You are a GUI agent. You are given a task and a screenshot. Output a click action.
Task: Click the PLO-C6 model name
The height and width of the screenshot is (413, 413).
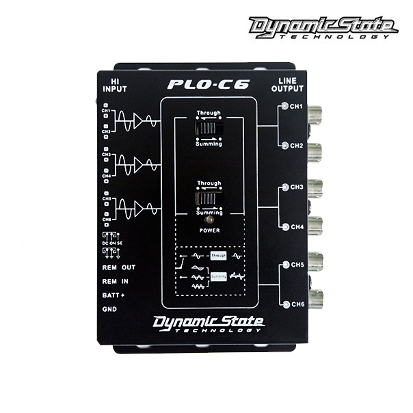tap(209, 85)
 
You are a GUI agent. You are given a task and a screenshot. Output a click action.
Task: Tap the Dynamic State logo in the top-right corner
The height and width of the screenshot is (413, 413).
tap(323, 27)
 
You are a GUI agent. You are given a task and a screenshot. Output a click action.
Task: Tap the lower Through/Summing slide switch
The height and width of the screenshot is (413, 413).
tap(209, 198)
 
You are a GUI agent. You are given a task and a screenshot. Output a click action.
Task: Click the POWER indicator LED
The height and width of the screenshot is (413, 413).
tap(209, 219)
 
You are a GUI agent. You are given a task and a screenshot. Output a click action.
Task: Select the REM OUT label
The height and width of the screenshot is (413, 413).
tap(118, 267)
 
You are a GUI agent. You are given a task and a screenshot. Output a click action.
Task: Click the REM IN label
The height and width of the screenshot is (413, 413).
tap(116, 281)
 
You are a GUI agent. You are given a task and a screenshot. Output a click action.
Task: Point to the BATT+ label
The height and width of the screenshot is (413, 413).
tap(114, 295)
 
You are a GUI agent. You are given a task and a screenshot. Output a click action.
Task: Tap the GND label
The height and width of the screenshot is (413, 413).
tap(109, 308)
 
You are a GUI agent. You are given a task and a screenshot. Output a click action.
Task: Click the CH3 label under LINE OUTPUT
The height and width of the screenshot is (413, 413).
tap(296, 187)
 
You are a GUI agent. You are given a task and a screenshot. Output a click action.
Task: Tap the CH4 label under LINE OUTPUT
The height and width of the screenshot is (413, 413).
tap(296, 226)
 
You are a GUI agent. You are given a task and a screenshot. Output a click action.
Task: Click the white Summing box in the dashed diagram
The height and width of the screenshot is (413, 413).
tap(219, 276)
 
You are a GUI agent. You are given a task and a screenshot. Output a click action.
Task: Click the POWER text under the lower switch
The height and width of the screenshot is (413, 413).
tap(209, 230)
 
